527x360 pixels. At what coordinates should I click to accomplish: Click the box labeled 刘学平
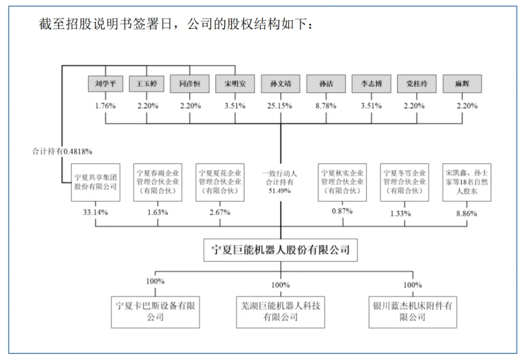coord(104,84)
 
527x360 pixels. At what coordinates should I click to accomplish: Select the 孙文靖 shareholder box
coord(281,84)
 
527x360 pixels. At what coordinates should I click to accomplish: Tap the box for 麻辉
coord(462,84)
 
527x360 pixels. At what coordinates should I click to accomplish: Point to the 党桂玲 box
coord(417,84)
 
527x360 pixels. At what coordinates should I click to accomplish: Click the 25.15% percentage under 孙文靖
coord(281,106)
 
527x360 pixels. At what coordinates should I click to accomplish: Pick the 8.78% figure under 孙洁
coord(326,106)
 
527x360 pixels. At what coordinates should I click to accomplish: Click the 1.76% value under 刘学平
coord(104,106)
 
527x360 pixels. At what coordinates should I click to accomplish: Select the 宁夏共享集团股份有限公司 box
coord(95,182)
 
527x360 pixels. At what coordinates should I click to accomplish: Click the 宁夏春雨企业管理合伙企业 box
coord(158,182)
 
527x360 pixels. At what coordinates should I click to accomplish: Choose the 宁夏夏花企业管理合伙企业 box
coord(220,182)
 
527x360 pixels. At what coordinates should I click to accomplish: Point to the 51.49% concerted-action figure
coord(281,191)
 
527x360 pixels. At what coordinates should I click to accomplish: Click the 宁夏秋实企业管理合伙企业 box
coord(343,182)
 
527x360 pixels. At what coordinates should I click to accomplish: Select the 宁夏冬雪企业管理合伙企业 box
coord(404,182)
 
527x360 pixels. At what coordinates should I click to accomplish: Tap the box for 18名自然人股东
coord(466,182)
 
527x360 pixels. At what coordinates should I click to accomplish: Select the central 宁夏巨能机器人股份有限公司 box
coord(281,250)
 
